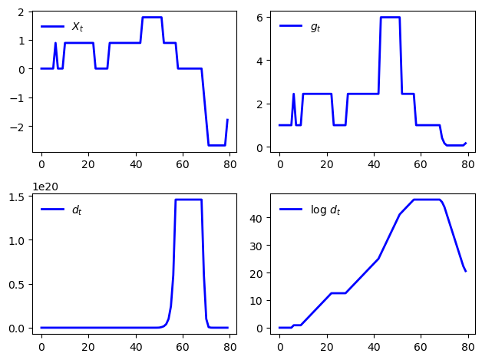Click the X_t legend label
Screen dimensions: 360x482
click(x=77, y=27)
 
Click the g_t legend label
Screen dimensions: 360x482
click(x=315, y=27)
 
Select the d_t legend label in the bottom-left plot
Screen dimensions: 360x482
click(x=77, y=210)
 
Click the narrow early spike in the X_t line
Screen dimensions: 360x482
click(x=55, y=44)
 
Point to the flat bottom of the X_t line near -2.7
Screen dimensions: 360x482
click(x=217, y=145)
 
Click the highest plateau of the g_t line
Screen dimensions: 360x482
click(x=390, y=18)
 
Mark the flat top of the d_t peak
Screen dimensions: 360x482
click(x=189, y=200)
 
